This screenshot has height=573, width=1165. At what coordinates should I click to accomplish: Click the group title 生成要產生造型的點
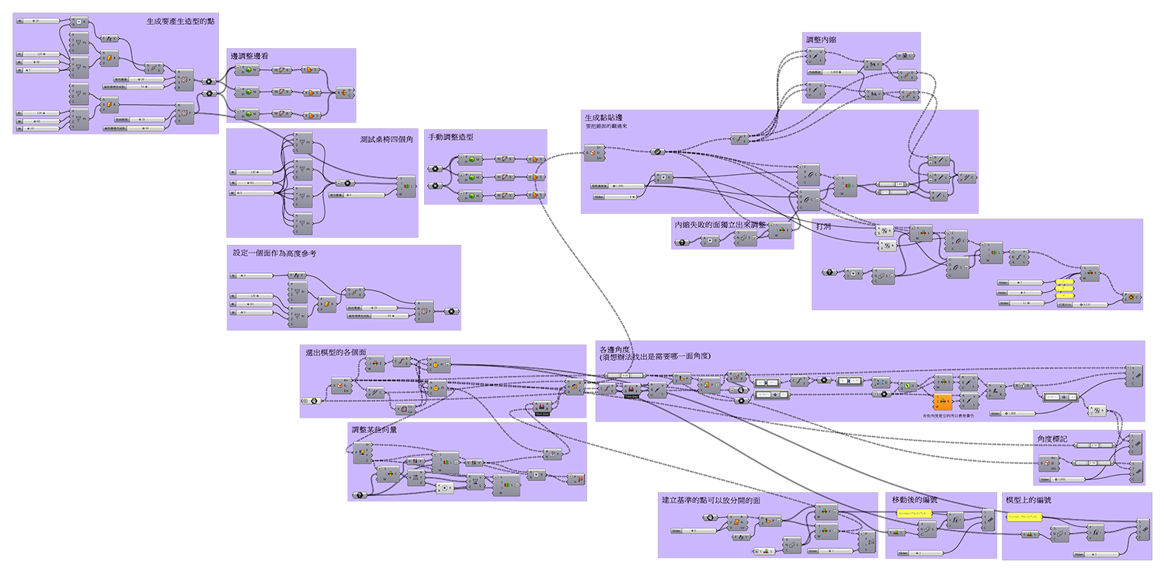coord(180,22)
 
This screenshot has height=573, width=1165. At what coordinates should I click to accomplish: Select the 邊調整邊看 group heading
coord(250,56)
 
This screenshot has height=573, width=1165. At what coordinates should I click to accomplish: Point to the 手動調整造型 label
coord(450,137)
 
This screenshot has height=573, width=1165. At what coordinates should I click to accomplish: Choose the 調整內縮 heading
coord(821,39)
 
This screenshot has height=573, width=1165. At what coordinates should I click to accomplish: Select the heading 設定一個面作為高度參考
coord(275,253)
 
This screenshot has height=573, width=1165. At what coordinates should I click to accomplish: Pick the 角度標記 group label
coord(1052,439)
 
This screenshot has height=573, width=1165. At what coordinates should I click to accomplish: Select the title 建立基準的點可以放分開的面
coord(710,500)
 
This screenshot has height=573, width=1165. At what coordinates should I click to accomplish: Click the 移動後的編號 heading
coord(914,500)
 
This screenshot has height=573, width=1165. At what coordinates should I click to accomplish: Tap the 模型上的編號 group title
coord(1028,500)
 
